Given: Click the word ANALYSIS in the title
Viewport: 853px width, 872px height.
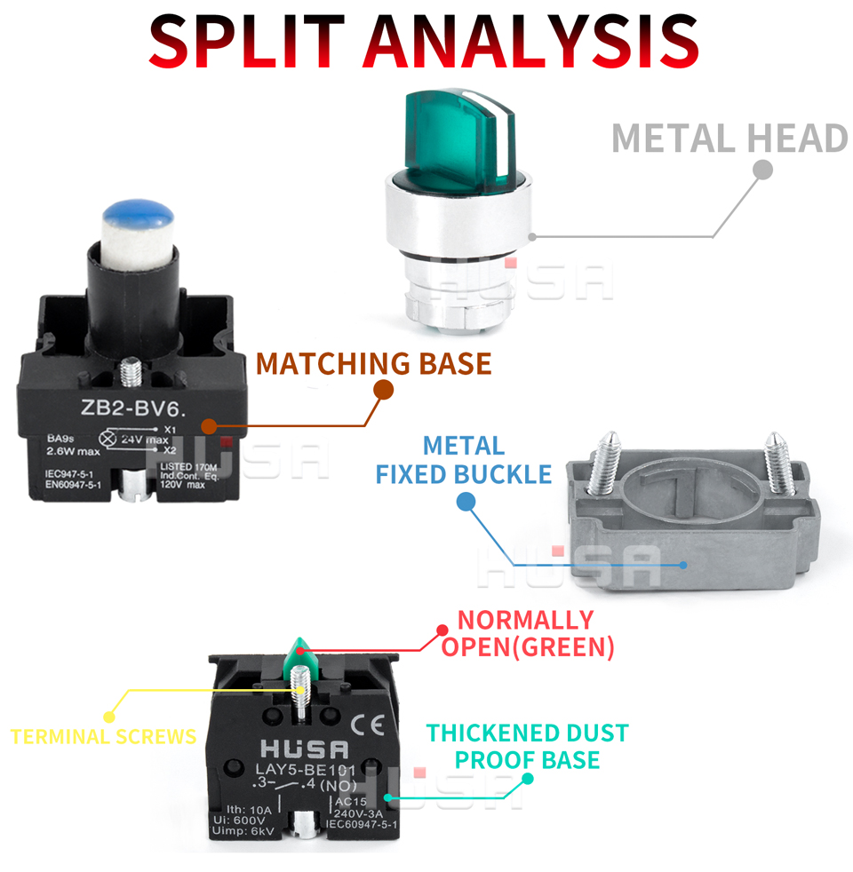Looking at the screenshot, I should point(533,40).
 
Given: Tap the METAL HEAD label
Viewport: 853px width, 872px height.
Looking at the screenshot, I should point(729,139).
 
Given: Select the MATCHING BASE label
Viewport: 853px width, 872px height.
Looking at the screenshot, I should point(373,364).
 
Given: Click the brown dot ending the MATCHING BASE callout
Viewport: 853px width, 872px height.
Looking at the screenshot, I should point(383,390).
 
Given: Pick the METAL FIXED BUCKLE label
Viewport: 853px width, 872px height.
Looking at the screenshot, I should point(463,460).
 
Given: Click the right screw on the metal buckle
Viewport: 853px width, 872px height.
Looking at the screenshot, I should point(778,461).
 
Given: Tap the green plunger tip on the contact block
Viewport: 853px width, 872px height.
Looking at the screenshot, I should point(300,653).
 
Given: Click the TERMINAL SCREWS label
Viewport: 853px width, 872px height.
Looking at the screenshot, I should point(103,736).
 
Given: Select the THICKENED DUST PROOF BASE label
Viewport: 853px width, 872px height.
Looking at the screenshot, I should point(527,746).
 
